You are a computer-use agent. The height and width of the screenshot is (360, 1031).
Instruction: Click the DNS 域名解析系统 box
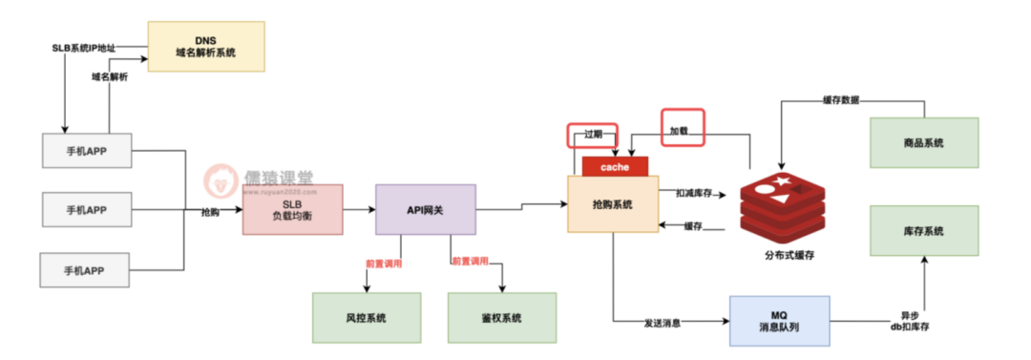coord(205,46)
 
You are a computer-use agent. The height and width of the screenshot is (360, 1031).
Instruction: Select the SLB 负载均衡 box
coord(292,210)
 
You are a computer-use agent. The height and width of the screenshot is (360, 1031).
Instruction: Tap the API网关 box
coord(425,210)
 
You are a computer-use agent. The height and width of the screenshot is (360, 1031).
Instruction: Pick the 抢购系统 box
coord(613,204)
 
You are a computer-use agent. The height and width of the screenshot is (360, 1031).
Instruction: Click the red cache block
coord(615,166)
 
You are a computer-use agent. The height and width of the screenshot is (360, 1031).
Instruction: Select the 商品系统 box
coord(923,142)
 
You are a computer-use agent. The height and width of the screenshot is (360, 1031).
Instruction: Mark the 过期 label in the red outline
coord(593,135)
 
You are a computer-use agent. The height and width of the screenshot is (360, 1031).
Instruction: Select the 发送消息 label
coord(663,323)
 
